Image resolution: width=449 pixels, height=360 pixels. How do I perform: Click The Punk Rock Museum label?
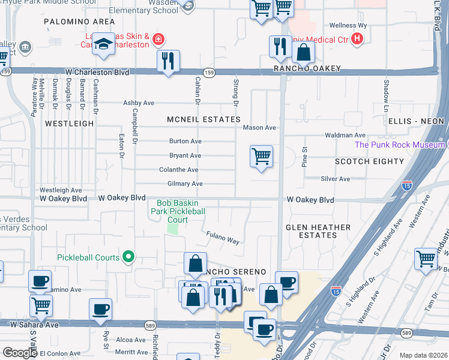coord(399,145)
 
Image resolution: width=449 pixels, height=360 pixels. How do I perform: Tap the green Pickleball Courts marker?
coord(128,257)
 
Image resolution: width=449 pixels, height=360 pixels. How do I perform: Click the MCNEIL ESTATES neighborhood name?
coord(203,120)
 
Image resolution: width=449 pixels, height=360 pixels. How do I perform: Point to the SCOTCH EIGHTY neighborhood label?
coord(369,162)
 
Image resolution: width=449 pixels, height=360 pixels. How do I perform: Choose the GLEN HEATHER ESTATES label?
coord(318,231)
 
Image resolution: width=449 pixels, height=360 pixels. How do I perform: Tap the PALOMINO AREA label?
coord(71,22)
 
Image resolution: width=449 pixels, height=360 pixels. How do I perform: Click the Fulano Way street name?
coord(223,238)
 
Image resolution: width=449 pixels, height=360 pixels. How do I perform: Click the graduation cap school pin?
coord(104,44)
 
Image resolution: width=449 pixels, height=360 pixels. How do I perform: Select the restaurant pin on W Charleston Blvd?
coord(168,61)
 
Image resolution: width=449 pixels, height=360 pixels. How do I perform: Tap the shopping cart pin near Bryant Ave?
coord(261,157)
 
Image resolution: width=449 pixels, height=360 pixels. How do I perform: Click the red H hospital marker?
coord(357,39)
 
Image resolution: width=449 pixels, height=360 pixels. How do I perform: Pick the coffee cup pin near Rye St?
coord(100,310)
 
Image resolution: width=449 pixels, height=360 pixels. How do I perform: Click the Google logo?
coord(20,353)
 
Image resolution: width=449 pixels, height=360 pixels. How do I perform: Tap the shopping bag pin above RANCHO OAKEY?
coord(304,52)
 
